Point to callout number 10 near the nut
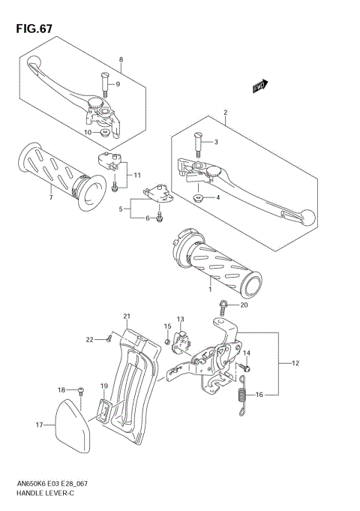point(88,132)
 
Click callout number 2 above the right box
point(224,113)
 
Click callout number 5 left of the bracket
point(120,210)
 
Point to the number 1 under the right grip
point(211,289)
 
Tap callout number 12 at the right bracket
point(295,363)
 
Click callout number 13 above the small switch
point(180,319)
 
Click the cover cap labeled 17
point(71,423)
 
